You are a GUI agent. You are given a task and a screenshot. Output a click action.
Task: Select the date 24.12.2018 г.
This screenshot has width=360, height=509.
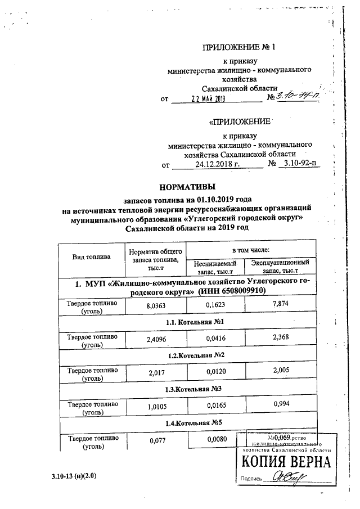click(x=217, y=165)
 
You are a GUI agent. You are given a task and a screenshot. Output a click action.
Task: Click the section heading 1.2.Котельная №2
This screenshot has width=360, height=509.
click(x=188, y=355)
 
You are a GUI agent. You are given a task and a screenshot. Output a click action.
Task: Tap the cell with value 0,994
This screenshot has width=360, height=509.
click(x=280, y=404)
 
